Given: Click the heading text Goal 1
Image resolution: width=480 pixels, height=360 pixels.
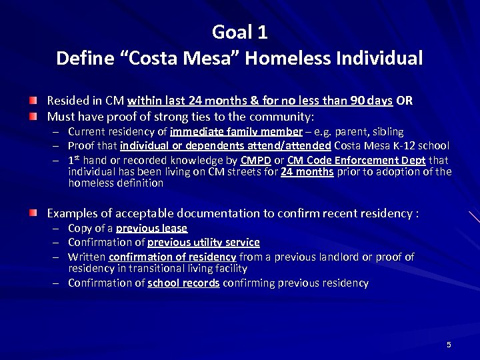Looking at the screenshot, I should [239, 31].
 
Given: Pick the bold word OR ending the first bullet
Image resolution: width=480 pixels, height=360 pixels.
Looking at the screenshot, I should [404, 101].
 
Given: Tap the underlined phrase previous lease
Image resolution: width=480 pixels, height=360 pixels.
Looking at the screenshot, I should [151, 228].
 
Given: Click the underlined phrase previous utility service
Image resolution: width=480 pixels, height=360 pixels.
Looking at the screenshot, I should [203, 242].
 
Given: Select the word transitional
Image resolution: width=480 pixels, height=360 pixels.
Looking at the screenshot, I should [150, 268].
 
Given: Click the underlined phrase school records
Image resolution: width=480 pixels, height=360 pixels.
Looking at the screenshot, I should [183, 283].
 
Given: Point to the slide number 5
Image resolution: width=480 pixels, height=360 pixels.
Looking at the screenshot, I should [449, 345].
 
